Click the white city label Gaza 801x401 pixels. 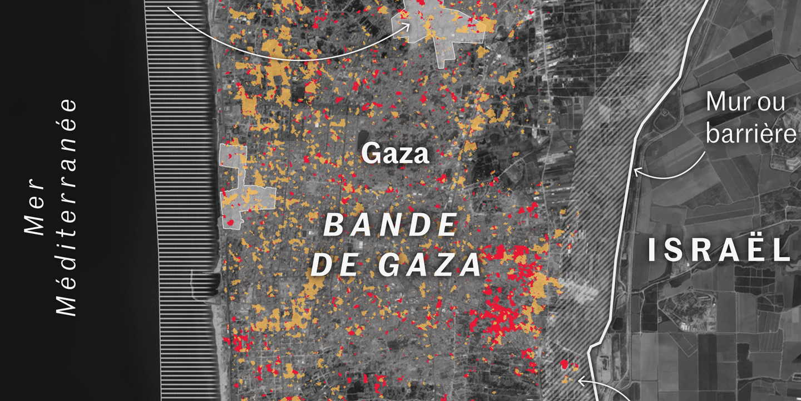[395, 153]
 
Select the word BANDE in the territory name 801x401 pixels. [390, 226]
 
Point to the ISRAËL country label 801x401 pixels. [719, 251]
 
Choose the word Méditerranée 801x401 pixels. [68, 207]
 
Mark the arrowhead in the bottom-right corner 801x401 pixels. [580, 382]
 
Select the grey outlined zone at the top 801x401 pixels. [439, 28]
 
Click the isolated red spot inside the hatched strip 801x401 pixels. [565, 365]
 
